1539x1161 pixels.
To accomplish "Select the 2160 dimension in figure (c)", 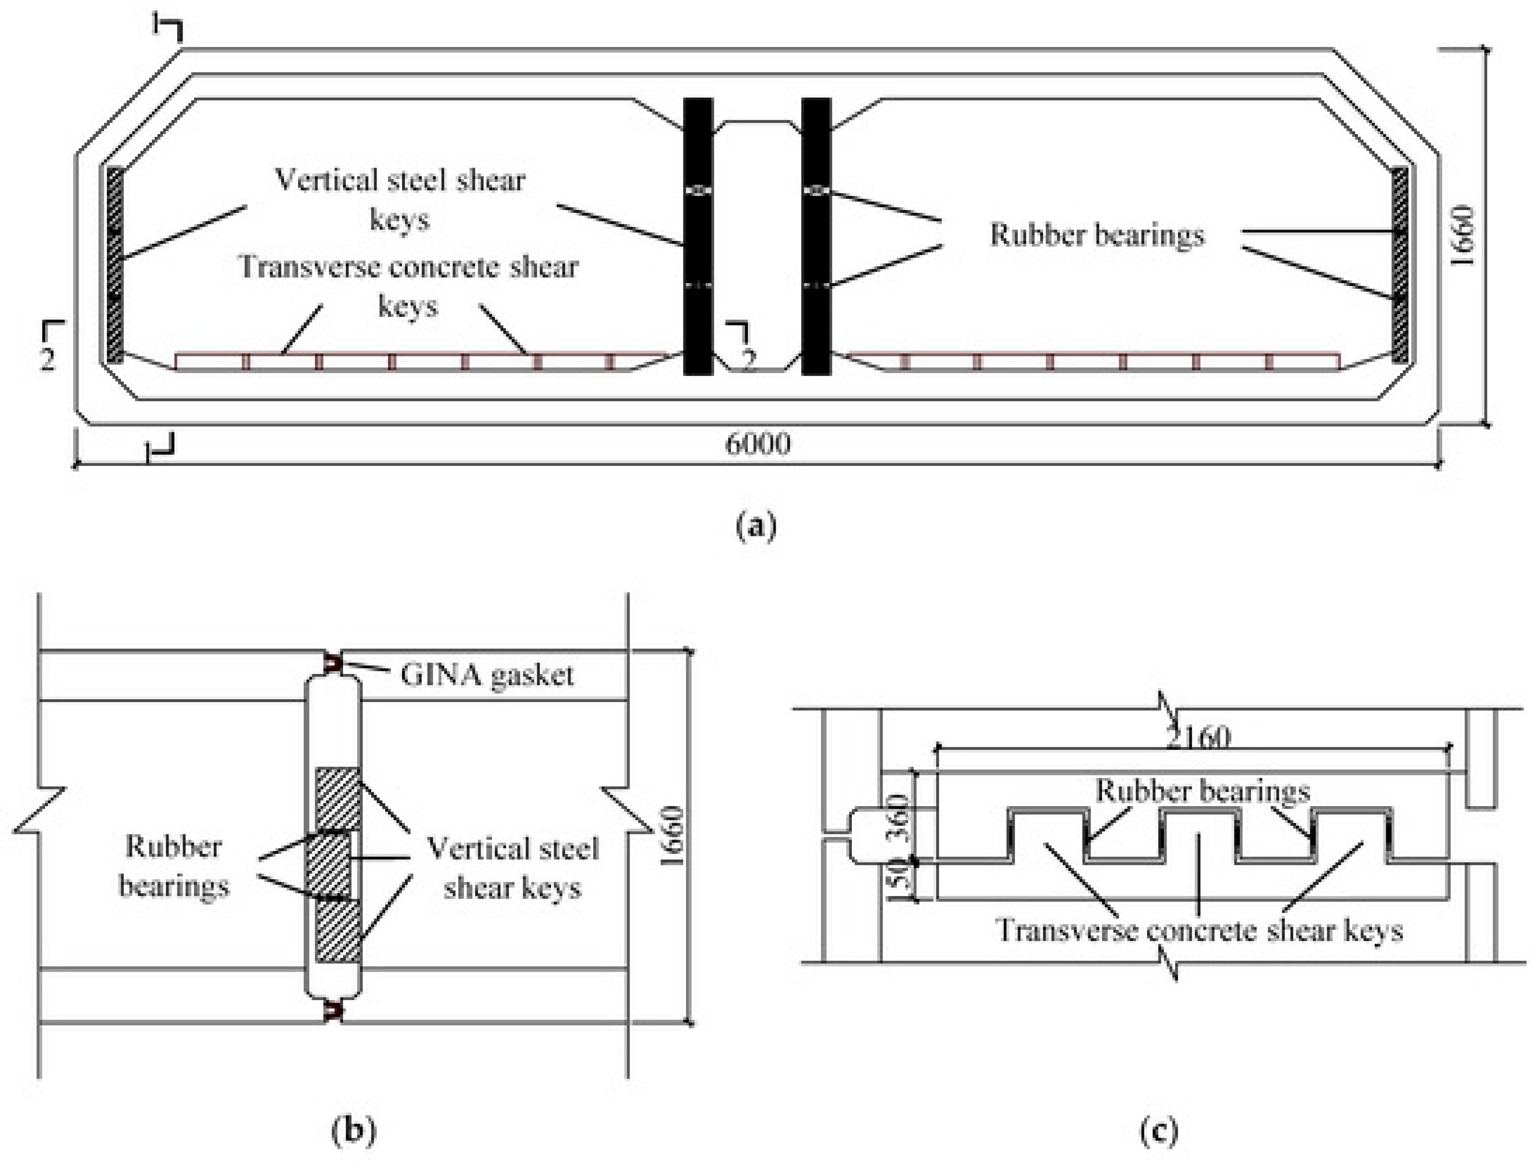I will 1198,736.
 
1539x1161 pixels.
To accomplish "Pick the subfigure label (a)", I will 756,526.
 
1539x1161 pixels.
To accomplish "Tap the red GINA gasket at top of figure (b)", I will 334,663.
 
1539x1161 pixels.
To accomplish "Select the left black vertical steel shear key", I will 698,237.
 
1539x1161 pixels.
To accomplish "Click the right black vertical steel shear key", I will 816,237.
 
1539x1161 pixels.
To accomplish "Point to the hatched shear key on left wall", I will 115,264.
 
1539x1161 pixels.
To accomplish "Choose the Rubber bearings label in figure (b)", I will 174,866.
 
